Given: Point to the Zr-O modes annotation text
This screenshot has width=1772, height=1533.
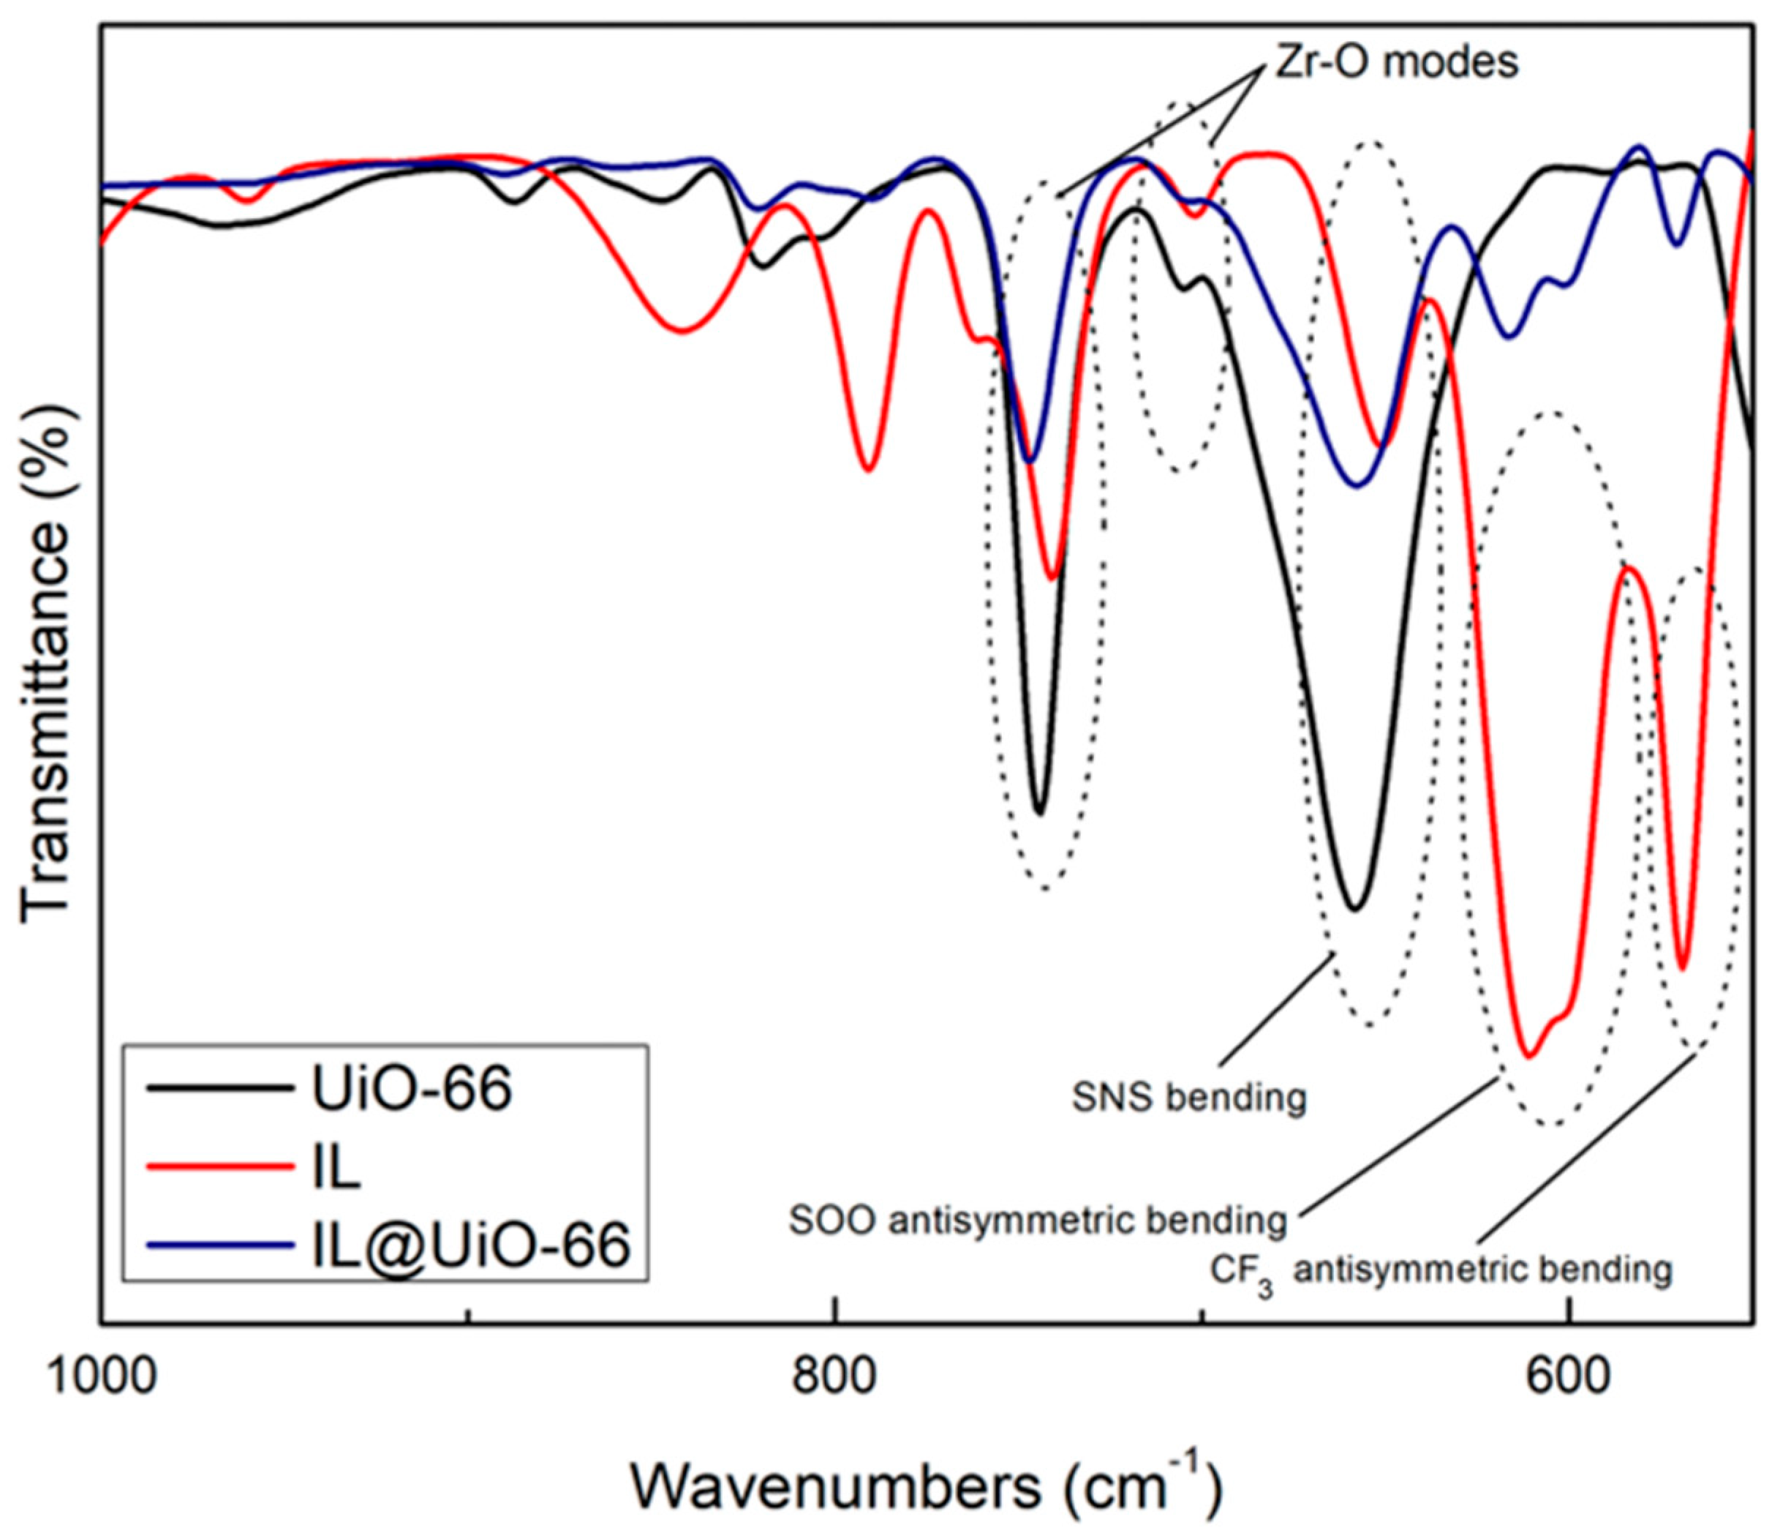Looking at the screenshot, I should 1395,61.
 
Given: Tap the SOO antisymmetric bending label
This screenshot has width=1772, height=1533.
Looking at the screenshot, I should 1037,1221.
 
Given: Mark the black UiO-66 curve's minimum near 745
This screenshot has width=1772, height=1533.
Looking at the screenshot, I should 1039,813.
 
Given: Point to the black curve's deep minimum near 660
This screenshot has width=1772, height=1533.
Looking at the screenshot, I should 1354,909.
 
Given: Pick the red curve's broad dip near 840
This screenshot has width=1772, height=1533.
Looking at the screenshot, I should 682,331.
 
